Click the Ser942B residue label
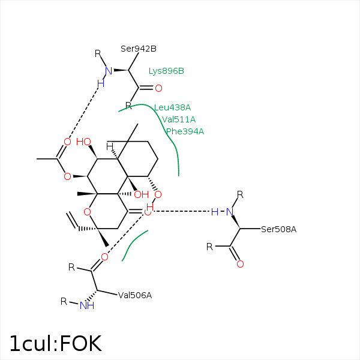(139, 49)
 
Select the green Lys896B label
(166, 71)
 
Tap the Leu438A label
(172, 107)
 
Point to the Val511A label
(179, 119)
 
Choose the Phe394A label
(185, 131)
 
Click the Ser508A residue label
(278, 229)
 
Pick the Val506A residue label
(135, 295)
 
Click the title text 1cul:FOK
(55, 344)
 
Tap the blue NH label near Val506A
(87, 305)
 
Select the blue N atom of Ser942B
(109, 71)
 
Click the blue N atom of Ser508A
(229, 211)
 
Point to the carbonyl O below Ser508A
(240, 264)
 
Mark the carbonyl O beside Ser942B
(158, 88)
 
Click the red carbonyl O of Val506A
(104, 257)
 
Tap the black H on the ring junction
(110, 146)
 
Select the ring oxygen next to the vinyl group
(88, 211)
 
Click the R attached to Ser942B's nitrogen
(98, 53)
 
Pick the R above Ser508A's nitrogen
(240, 194)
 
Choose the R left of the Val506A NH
(64, 301)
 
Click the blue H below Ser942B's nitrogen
(100, 83)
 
